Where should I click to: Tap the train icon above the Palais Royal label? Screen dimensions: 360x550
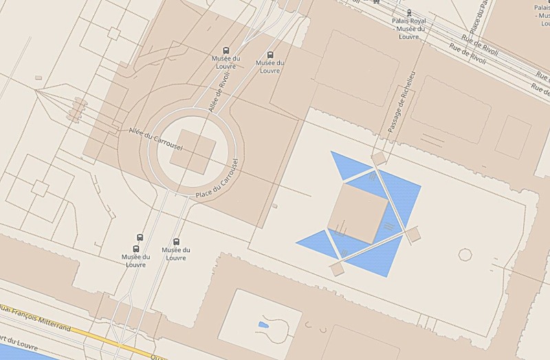[x=409, y=12]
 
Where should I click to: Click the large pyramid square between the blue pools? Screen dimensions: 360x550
[x=357, y=214]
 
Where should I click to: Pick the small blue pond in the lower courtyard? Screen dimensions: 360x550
[x=264, y=324]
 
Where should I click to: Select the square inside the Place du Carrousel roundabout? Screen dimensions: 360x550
[x=192, y=151]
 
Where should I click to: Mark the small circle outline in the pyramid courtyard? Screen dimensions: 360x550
[x=465, y=254]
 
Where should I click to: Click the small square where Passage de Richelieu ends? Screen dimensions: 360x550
[x=378, y=159]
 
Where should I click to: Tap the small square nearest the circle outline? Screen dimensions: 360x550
[x=412, y=234]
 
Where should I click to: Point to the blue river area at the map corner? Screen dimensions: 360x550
[x=21, y=354]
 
